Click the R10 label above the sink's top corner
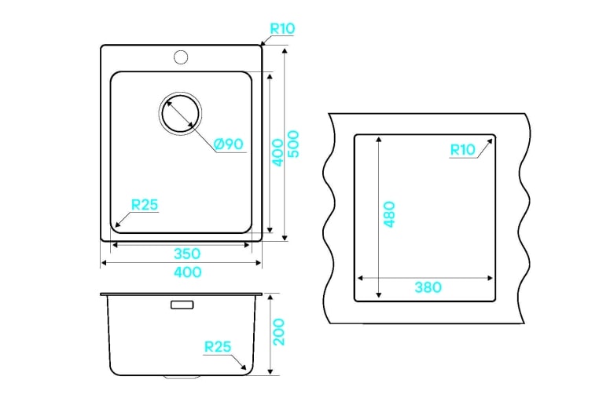coord(282,28)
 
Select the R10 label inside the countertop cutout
coord(463,150)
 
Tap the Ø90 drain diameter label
coord(229,144)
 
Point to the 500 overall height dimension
coord(293,144)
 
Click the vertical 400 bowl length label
coord(277,152)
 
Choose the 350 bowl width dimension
coord(187,254)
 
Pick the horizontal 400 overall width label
coord(188,272)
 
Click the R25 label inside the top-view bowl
coord(145,205)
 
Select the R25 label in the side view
coord(218,346)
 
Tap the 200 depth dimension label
coord(278,332)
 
